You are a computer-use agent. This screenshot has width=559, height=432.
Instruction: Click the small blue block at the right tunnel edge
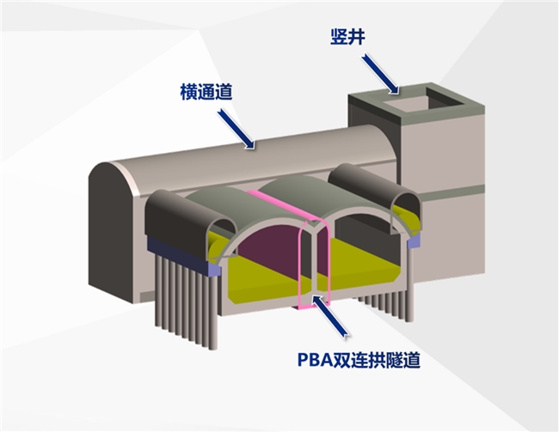click(x=414, y=243)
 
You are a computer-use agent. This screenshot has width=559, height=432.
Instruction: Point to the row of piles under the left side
click(x=185, y=296)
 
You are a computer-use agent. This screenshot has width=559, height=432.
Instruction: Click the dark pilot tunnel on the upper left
click(x=185, y=219)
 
